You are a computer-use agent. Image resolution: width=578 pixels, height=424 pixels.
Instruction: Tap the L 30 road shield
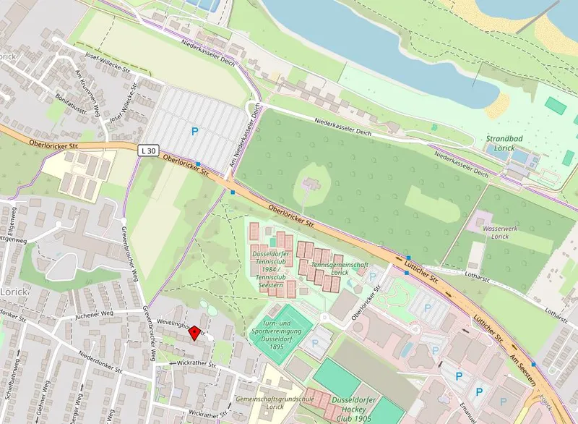(149, 150)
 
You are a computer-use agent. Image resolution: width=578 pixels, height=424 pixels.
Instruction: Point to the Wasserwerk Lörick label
(490, 230)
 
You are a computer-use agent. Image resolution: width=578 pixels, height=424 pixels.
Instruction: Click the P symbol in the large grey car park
(194, 131)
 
